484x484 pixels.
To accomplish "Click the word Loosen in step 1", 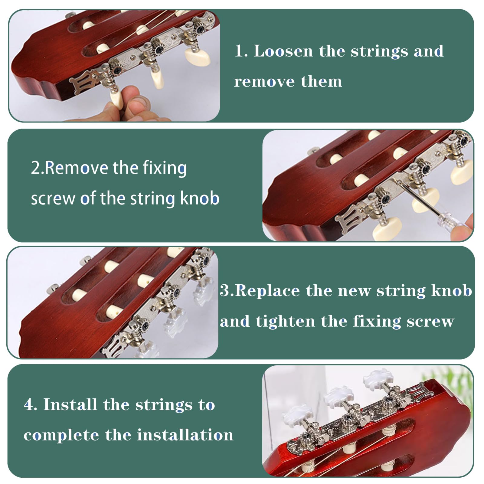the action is coord(283,51).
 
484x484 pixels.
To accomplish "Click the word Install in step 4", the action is coord(70,404).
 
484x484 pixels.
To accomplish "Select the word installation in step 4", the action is coord(185,435).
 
